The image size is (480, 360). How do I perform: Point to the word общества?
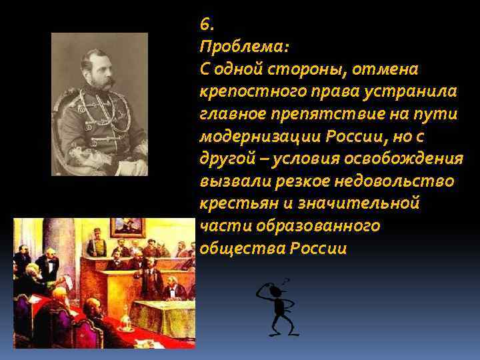(242, 248)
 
